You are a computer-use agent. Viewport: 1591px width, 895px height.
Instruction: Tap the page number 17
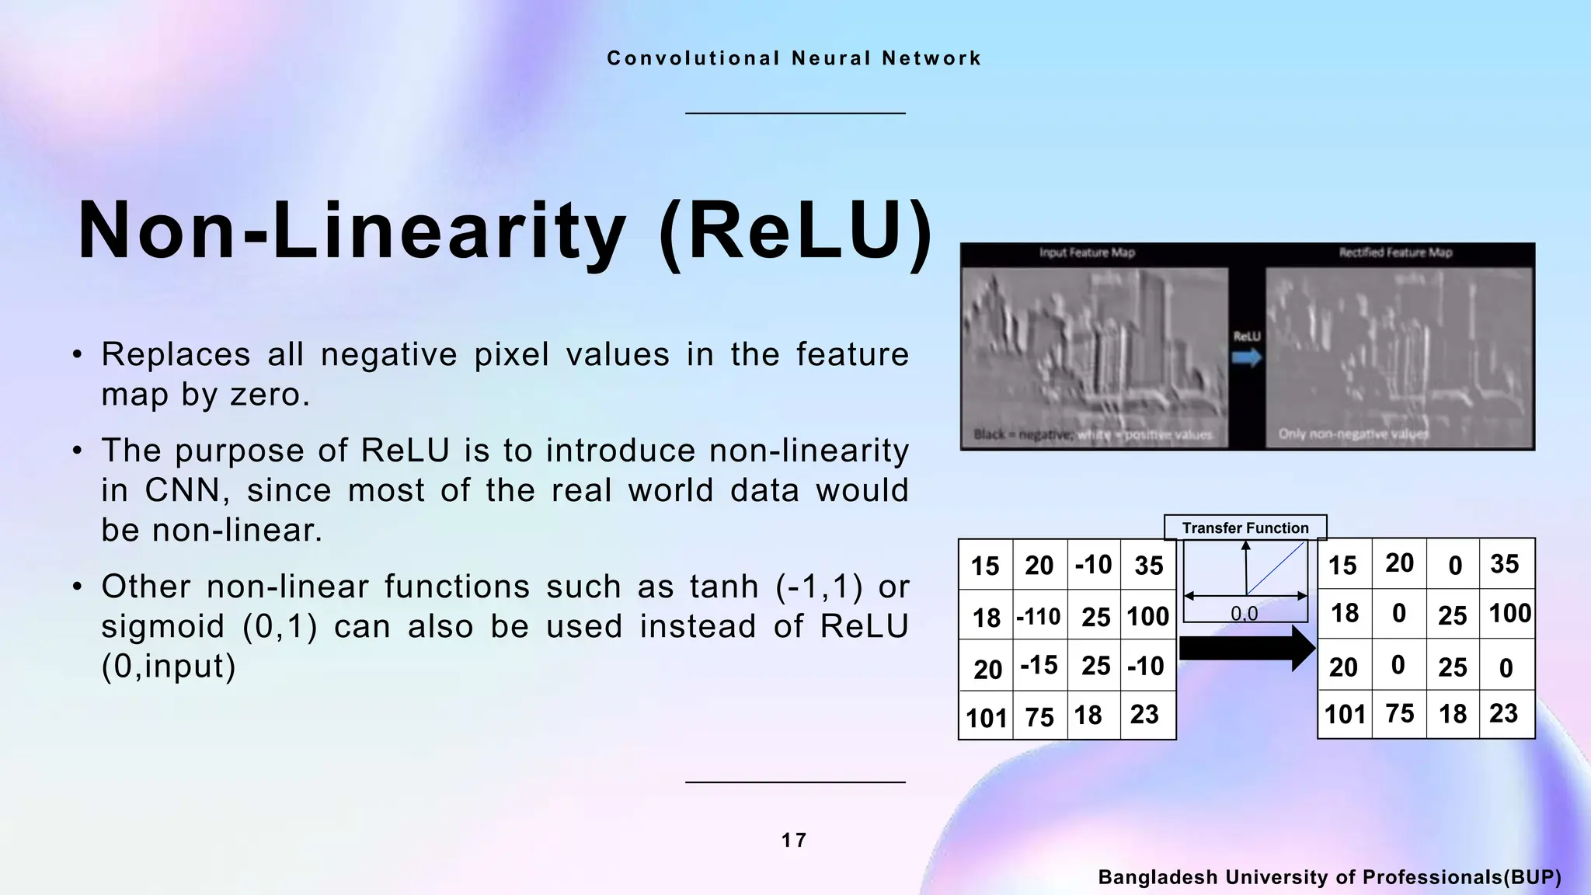(794, 840)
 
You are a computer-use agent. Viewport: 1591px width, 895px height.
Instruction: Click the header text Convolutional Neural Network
(794, 58)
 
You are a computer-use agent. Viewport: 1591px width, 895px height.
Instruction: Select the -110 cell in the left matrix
(1039, 617)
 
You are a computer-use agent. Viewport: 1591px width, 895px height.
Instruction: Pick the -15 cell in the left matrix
(1039, 666)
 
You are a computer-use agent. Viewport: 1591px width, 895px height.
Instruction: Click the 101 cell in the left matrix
(986, 717)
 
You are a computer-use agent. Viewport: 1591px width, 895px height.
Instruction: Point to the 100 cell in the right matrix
(1509, 614)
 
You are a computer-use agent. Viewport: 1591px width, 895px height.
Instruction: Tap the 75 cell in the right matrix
(1399, 713)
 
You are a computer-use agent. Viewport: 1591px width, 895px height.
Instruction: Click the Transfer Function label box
(1245, 528)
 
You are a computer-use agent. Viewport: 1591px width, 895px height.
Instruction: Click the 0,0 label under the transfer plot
(1244, 614)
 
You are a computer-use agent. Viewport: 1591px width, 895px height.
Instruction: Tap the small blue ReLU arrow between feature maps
(1247, 358)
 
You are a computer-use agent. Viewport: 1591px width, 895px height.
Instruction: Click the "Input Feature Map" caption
(1087, 252)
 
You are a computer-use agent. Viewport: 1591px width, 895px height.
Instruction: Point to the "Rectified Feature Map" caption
(1395, 252)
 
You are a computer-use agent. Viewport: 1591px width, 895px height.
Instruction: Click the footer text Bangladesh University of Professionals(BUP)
(1329, 877)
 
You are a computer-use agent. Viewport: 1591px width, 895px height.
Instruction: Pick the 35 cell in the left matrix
(1148, 566)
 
